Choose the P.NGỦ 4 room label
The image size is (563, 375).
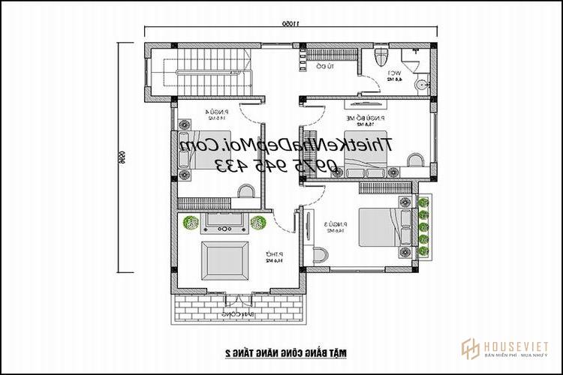208,114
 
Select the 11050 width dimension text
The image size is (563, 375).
288,24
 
